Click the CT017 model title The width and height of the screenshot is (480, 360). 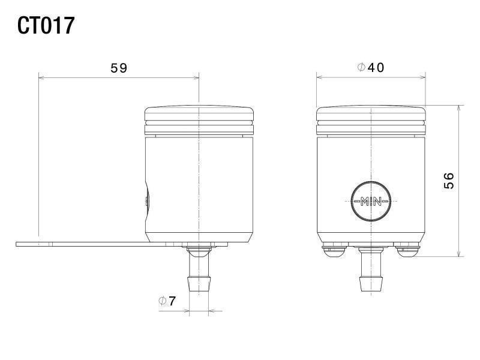click(46, 26)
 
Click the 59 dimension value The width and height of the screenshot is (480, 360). click(119, 68)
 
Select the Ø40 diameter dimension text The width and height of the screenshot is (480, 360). click(371, 67)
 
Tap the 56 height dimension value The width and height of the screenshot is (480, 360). click(449, 181)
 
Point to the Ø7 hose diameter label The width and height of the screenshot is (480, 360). click(167, 301)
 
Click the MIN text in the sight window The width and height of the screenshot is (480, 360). click(371, 202)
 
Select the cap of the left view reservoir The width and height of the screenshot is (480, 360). click(199, 121)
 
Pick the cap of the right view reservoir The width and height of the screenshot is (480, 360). click(371, 121)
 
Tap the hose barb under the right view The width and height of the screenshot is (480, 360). click(371, 269)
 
